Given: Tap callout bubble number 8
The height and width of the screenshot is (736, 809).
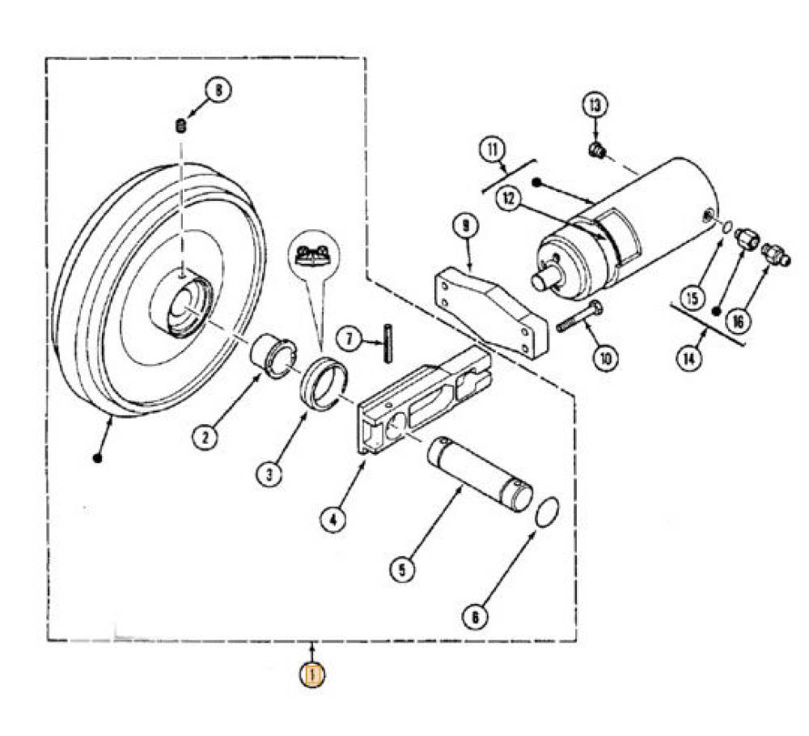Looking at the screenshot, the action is pos(218,91).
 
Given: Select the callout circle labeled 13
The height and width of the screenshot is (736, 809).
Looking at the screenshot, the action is pos(595,105).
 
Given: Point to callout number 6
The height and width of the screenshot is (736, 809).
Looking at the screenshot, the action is pos(475,616).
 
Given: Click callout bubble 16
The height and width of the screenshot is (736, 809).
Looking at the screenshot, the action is pos(738,321).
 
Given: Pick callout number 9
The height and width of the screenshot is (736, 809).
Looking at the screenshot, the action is pos(466,226).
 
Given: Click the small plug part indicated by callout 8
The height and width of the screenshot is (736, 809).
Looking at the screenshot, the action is pos(180,126).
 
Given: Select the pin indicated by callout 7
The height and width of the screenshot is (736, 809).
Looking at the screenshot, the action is pos(388,343).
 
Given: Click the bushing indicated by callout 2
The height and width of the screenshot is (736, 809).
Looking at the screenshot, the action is pos(273,356).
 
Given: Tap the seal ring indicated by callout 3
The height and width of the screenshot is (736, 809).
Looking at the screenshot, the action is pos(324,382).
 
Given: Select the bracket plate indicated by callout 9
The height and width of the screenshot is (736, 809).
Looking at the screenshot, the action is pos(491,312).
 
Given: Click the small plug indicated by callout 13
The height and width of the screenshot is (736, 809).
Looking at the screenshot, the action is pos(597,151).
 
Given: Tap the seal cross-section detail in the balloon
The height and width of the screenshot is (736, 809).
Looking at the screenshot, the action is pos(313,255).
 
